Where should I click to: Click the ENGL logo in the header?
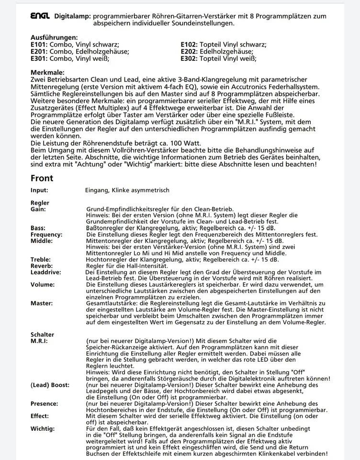40,16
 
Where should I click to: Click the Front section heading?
42,178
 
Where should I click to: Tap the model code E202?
190,51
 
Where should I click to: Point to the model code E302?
190,58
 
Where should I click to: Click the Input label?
39,190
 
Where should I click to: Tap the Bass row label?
38,228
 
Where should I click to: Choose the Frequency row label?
46,235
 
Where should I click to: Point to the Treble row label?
41,259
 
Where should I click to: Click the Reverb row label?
41,265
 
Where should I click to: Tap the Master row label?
42,303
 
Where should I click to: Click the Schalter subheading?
42,334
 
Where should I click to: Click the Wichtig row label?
43,428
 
